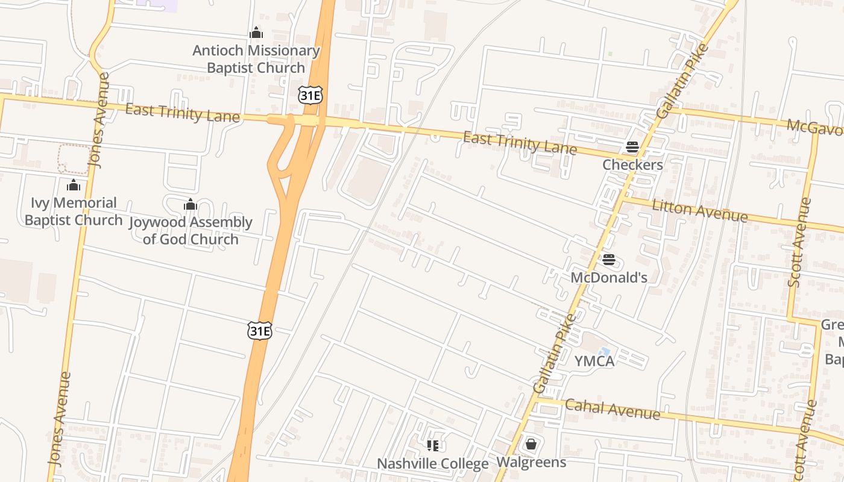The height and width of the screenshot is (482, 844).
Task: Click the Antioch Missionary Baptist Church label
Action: tap(256, 59)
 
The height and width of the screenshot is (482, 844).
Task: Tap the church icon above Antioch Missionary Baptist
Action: tap(256, 33)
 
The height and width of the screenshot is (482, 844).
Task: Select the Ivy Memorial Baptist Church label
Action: tap(74, 211)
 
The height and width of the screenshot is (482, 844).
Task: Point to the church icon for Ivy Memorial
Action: tap(74, 185)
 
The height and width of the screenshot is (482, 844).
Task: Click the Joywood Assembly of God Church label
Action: tap(191, 231)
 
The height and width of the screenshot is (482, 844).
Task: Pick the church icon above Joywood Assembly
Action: tap(191, 205)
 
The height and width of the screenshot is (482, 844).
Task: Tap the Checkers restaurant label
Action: tap(632, 164)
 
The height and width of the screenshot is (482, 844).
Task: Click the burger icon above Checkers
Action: tap(632, 146)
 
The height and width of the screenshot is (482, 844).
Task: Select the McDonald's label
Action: tap(609, 277)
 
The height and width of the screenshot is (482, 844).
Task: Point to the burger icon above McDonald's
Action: tap(609, 260)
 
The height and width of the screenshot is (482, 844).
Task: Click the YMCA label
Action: tap(594, 361)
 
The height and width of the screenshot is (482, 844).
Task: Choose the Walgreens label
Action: tap(531, 462)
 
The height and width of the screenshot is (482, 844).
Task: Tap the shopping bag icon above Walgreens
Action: tap(531, 444)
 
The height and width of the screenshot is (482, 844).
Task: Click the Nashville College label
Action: tap(432, 463)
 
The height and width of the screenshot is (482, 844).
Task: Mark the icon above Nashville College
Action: tap(432, 446)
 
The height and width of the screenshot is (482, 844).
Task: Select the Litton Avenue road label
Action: tap(699, 210)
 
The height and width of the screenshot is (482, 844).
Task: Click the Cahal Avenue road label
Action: tap(612, 410)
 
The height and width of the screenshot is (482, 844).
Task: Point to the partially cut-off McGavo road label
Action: tap(814, 127)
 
